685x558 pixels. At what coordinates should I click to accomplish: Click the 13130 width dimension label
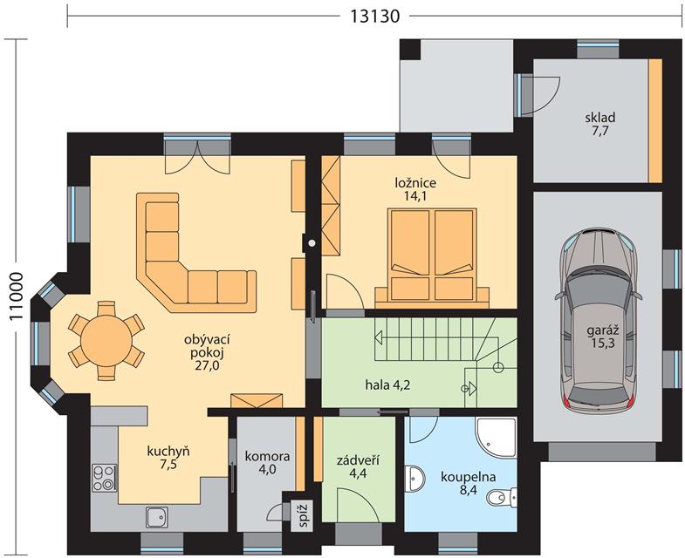[375, 16]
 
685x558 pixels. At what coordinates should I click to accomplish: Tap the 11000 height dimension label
[16, 296]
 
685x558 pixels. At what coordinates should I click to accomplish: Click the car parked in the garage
[599, 321]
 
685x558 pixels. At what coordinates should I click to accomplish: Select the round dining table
[106, 341]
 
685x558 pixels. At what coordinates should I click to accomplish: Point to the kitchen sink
[157, 518]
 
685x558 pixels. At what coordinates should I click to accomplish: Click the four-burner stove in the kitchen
[104, 478]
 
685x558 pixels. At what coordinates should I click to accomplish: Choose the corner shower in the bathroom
[497, 439]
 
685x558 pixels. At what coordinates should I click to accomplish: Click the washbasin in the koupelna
[414, 479]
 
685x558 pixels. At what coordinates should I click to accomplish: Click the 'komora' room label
[267, 457]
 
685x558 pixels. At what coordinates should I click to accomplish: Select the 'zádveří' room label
[358, 460]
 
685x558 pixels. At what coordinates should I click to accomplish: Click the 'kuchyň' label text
[168, 451]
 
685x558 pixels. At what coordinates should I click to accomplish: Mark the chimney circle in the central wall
[312, 243]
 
